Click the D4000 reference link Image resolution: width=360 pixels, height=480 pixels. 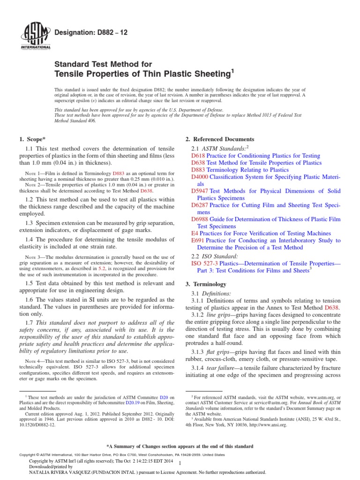click(x=200, y=177)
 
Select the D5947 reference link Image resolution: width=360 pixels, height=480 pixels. click(x=200, y=191)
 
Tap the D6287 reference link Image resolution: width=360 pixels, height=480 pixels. click(x=200, y=205)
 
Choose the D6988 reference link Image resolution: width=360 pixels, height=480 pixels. click(x=200, y=219)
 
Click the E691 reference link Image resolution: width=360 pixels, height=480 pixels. click(x=197, y=240)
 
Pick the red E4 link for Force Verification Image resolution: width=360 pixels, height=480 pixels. click(x=195, y=233)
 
